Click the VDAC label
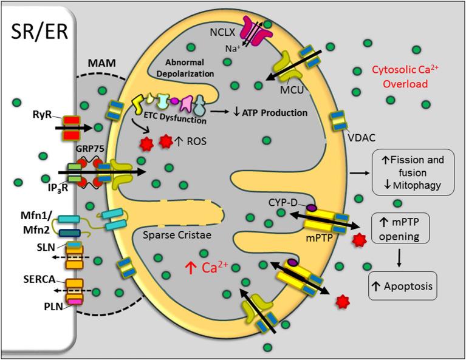[360, 138]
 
